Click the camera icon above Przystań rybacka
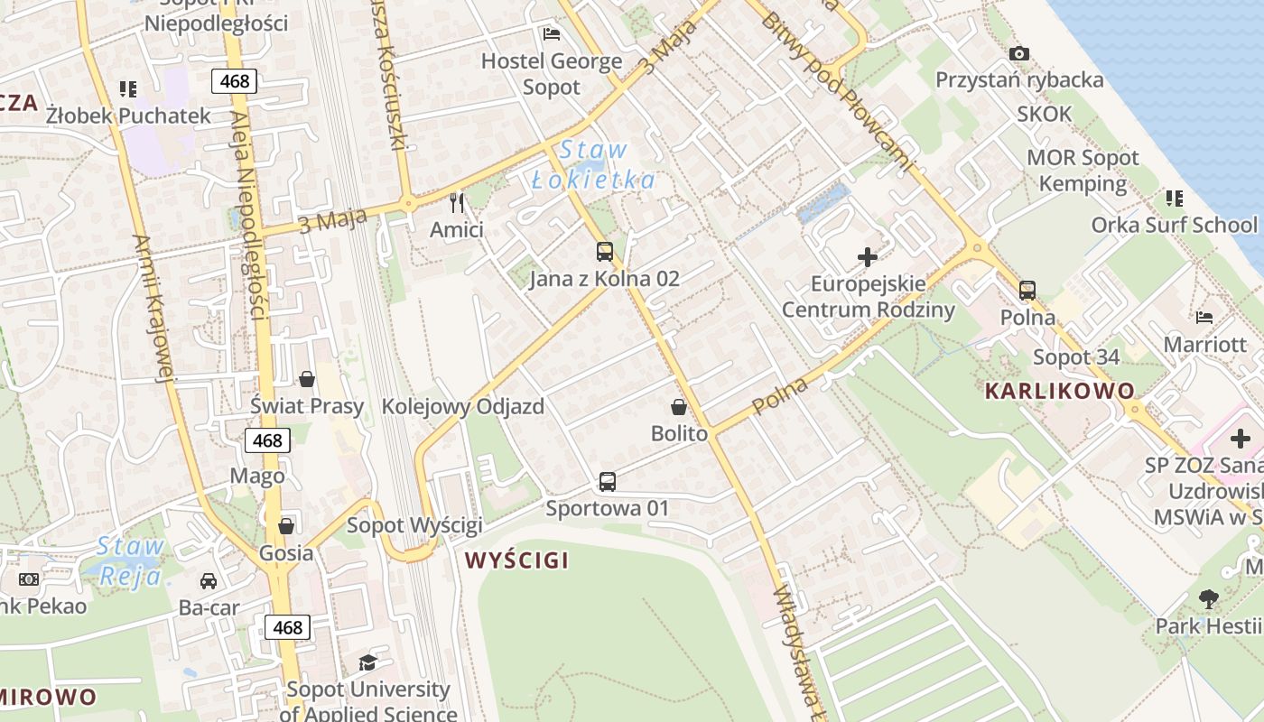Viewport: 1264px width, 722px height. click(x=1019, y=54)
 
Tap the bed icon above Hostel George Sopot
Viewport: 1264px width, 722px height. click(x=552, y=34)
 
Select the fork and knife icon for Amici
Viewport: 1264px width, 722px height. click(x=457, y=202)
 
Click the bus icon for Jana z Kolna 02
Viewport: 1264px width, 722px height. click(x=605, y=252)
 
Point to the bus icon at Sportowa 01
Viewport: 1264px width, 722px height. click(x=608, y=482)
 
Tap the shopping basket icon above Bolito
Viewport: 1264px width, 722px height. click(x=679, y=407)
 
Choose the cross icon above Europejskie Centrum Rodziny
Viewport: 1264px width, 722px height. click(x=868, y=257)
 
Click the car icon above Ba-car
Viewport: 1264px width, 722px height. click(x=209, y=580)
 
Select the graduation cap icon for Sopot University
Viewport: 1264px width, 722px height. click(x=367, y=662)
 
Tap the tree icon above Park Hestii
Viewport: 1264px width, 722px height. click(x=1208, y=598)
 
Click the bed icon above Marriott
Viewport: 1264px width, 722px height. click(x=1204, y=317)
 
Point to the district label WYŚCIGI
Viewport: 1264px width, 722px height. click(x=517, y=560)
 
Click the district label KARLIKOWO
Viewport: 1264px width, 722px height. click(x=1060, y=391)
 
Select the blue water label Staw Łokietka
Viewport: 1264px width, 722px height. click(x=593, y=165)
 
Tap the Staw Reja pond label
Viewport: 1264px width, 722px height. click(x=129, y=560)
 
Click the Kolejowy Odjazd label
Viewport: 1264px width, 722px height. click(x=463, y=406)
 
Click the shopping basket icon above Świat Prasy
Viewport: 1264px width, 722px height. click(x=307, y=379)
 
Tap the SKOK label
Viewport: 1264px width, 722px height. click(x=1045, y=114)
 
